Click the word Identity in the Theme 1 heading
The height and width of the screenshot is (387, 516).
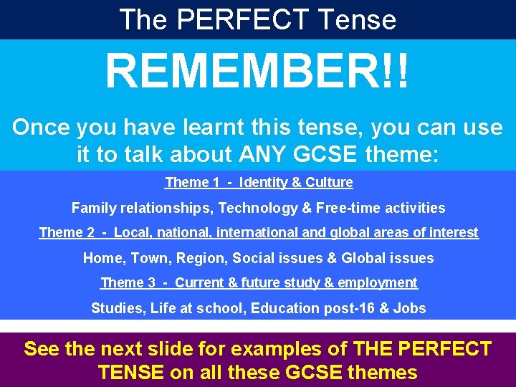266,182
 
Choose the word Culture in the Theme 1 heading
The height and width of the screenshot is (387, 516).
330,182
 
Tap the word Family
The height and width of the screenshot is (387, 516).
92,208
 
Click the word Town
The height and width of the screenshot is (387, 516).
143,258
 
